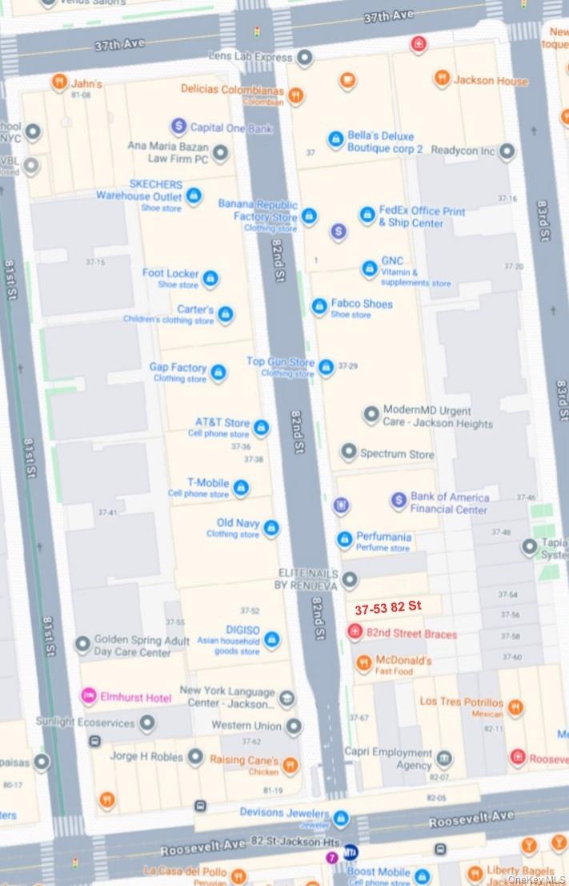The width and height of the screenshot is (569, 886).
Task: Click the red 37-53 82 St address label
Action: [x=388, y=607]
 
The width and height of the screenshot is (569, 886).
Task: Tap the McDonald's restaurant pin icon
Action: [x=363, y=662]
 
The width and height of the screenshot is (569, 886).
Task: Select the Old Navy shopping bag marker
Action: [x=271, y=528]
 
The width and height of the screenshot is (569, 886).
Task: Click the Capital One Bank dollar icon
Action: [x=178, y=127]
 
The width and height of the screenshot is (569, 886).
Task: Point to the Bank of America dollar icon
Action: [x=399, y=501]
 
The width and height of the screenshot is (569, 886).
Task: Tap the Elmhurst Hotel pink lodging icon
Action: [x=89, y=696]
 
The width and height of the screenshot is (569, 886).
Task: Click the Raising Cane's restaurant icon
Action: [x=290, y=765]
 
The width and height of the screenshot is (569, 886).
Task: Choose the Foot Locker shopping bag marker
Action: [x=210, y=278]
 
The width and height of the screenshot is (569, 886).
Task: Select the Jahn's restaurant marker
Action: [x=58, y=82]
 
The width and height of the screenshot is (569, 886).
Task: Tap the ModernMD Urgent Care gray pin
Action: [x=371, y=414]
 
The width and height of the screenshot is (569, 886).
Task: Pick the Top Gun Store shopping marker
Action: [x=326, y=367]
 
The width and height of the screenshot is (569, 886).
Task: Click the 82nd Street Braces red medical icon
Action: [x=355, y=633]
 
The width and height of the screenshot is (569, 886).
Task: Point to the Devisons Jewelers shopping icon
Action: [x=342, y=818]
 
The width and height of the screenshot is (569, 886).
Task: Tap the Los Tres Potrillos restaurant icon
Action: [x=515, y=707]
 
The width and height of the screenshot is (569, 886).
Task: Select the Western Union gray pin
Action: [x=294, y=726]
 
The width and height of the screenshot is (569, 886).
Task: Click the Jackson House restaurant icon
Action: [x=442, y=79]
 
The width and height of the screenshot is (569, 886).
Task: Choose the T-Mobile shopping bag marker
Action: [x=241, y=488]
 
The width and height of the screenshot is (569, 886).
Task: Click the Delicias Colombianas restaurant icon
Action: [x=296, y=95]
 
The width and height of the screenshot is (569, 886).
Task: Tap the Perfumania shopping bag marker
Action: [x=344, y=540]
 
